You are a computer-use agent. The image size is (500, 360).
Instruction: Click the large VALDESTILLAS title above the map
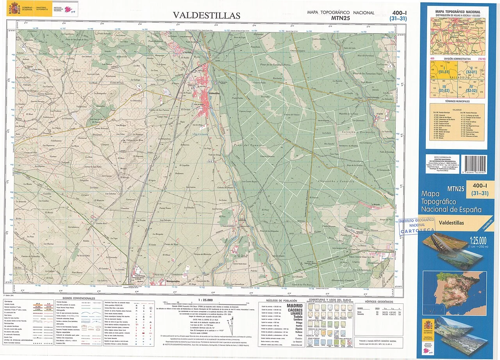click(x=207, y=15)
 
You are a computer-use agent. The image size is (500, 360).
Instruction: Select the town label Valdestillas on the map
click(x=216, y=93)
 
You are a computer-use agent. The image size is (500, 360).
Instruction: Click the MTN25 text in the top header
click(x=341, y=18)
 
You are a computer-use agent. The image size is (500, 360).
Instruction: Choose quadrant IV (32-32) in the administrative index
click(x=471, y=89)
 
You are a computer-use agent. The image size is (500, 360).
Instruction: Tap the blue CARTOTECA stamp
click(x=417, y=226)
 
